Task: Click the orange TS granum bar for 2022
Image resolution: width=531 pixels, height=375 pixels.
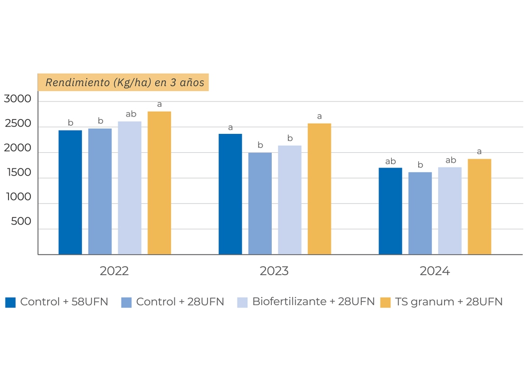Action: pos(159,183)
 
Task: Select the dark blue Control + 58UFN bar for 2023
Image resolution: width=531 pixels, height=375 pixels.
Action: pos(230,194)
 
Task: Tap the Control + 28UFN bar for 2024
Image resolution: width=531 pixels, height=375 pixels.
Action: pos(420,213)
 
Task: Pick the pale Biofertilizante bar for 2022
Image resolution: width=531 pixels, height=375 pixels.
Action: pos(130,187)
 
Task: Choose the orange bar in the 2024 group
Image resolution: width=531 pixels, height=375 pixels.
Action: pos(479,206)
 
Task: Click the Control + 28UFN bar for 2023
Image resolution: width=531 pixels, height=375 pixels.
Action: pos(260,203)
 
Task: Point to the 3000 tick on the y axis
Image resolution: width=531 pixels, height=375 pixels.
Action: pos(17,99)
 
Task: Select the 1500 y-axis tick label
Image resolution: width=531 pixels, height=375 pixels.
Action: pos(17,172)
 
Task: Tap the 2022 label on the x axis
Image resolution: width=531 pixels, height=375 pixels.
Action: pos(114,271)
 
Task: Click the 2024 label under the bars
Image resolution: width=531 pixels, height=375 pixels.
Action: pos(434,271)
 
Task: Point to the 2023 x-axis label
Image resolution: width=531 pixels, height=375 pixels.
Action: pos(274,271)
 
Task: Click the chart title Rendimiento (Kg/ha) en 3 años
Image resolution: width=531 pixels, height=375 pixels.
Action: pos(124,82)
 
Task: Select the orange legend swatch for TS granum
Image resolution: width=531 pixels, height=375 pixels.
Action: pos(385,302)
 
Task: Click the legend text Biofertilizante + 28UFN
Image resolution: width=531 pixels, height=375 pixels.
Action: pos(313,302)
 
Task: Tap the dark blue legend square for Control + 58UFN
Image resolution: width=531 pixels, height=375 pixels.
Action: pos(10,302)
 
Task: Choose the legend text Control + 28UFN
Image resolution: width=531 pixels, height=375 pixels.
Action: pos(180,302)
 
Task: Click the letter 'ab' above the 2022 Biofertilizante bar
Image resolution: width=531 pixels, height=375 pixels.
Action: pos(131,114)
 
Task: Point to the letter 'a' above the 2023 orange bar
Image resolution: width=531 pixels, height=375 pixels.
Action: pos(319,116)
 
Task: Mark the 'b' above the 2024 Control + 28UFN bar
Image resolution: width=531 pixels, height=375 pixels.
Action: pos(420,165)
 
